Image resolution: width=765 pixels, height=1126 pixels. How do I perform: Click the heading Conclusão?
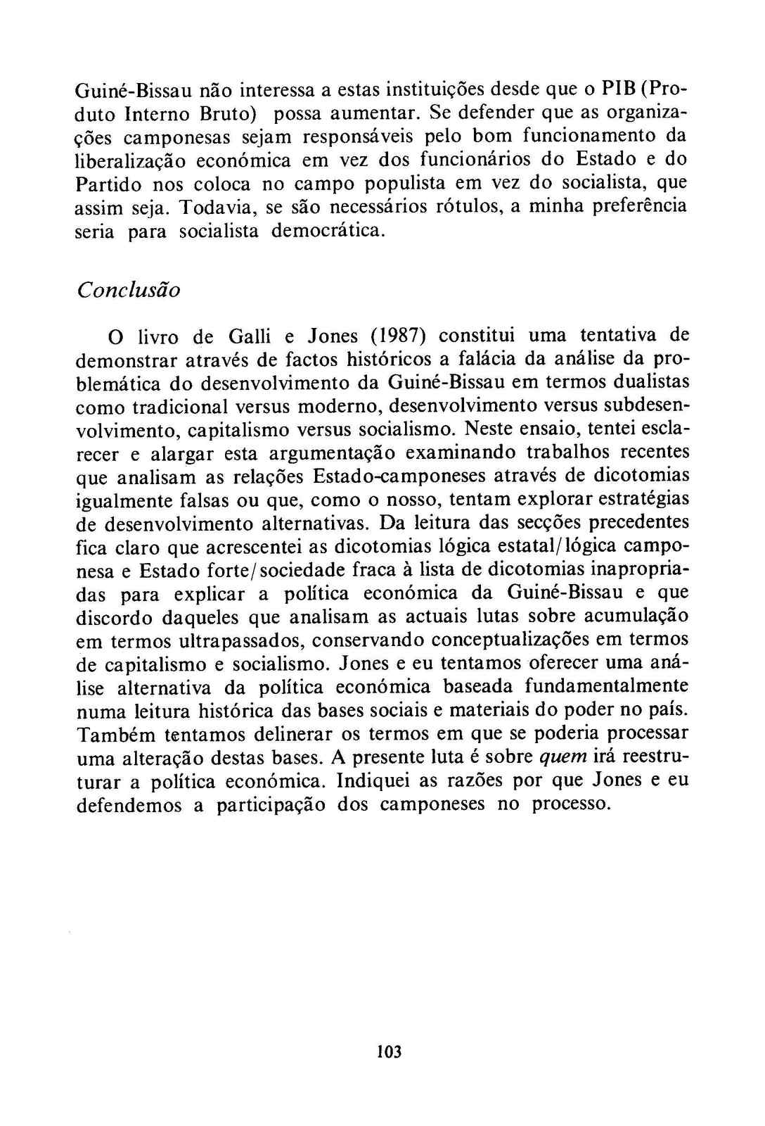[128, 290]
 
